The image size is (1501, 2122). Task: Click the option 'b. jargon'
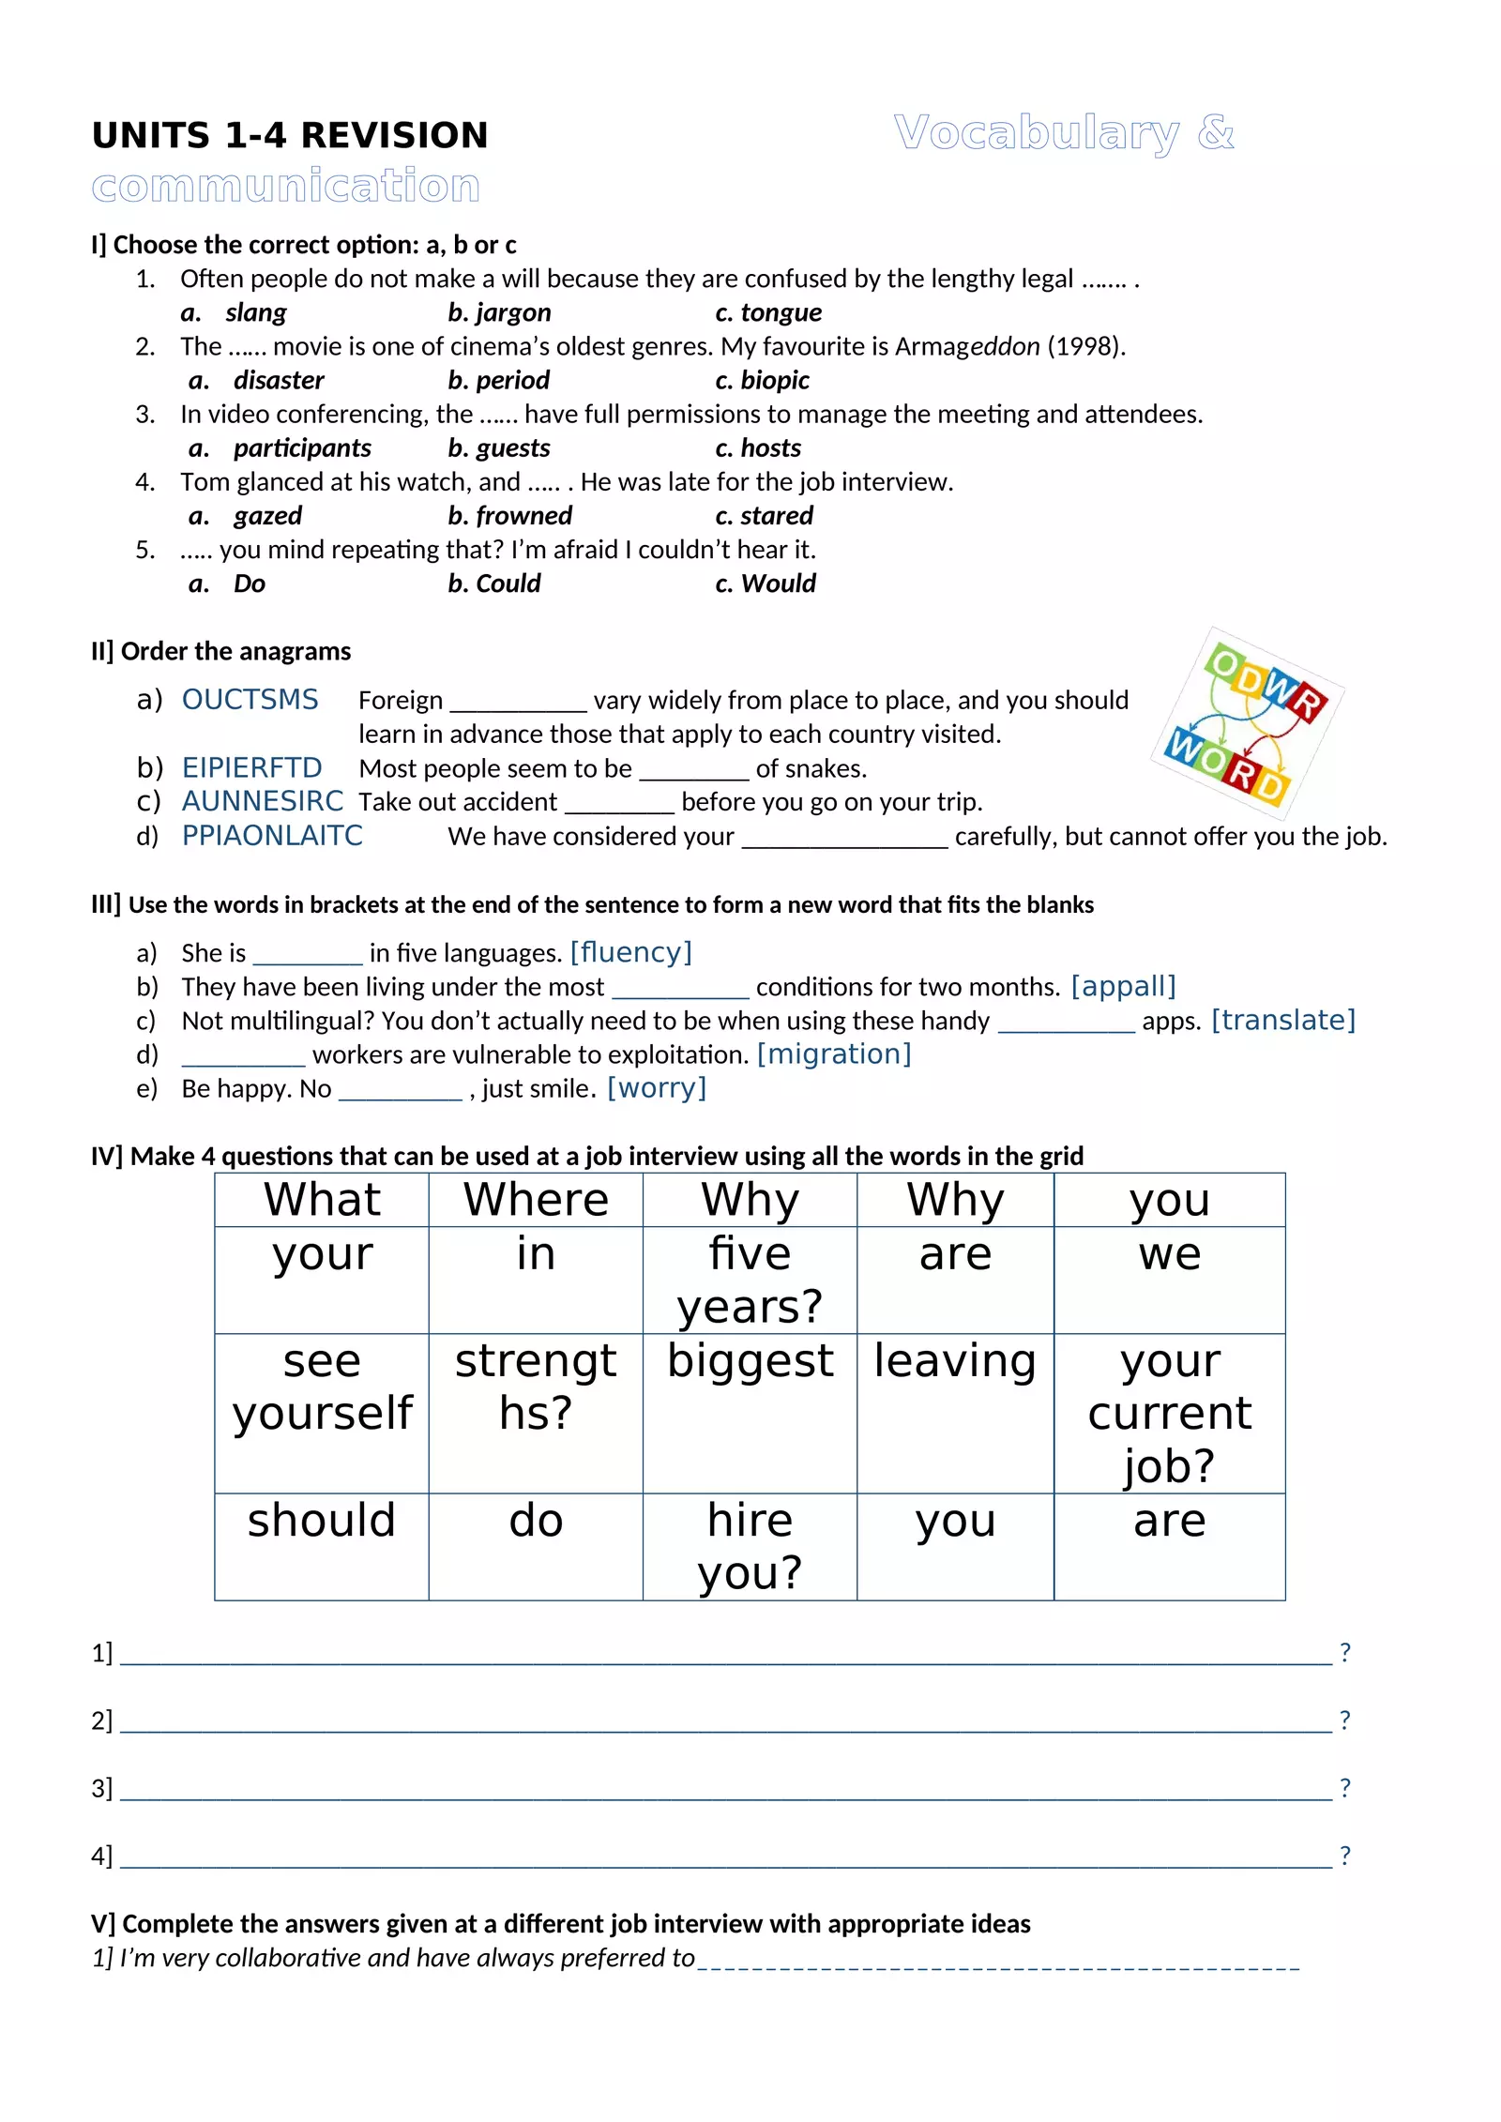499,312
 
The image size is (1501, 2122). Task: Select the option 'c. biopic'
762,380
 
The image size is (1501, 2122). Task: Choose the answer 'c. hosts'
758,447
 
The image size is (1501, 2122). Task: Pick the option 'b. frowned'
509,515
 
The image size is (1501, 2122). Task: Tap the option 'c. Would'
766,584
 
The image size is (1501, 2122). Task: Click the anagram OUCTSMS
250,700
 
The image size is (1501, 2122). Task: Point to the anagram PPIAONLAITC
272,835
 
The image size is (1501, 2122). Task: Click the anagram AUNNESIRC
262,801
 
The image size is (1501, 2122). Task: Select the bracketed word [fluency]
630,952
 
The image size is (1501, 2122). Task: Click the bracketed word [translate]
1282,1020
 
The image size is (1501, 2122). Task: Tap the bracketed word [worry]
657,1088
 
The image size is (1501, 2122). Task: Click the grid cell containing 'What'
322,1200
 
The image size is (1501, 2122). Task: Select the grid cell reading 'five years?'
750,1280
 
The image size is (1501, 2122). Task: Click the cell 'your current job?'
1169,1412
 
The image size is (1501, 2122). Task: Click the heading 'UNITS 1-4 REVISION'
290,135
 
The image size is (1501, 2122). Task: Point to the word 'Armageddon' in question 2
966,346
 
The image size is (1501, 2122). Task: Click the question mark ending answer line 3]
1344,1787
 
